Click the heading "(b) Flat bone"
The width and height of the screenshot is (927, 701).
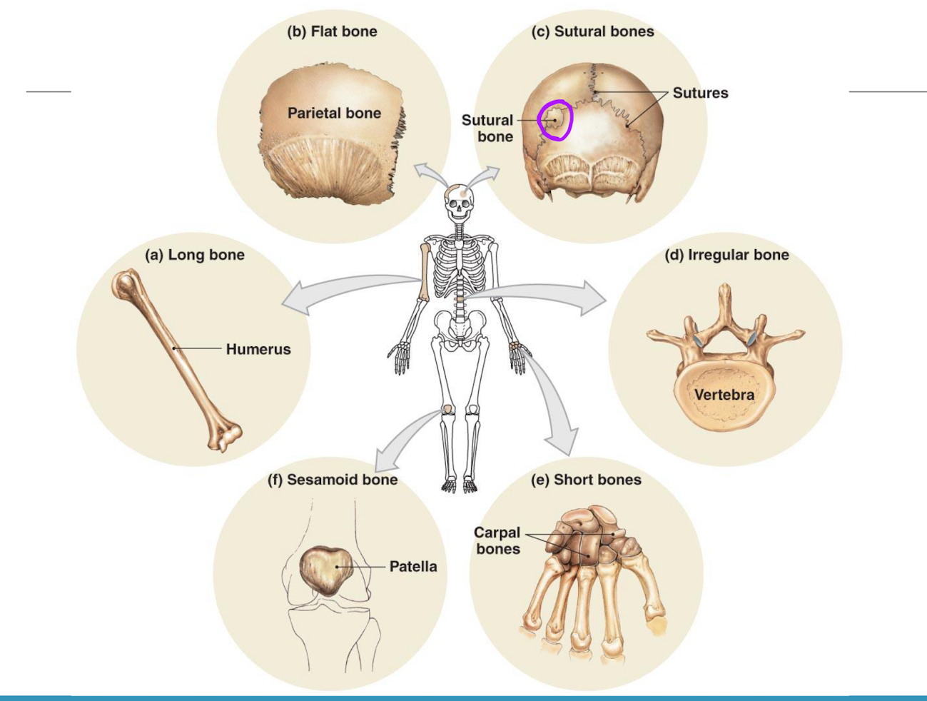tap(332, 31)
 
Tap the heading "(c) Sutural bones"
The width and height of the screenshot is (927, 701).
tap(592, 31)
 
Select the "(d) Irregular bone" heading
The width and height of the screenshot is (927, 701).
tap(726, 255)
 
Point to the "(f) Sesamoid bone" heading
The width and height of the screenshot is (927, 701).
tap(332, 480)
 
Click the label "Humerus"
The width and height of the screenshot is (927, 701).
tap(258, 349)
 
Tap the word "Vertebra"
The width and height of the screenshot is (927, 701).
tap(724, 395)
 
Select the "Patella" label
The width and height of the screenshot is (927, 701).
tap(413, 566)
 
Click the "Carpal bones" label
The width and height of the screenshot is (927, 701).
tap(498, 540)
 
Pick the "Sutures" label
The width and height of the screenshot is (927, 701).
tap(700, 93)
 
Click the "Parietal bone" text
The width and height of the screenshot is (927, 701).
tap(334, 113)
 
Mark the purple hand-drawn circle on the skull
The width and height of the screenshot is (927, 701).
tap(555, 120)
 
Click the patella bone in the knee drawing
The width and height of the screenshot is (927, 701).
tap(327, 570)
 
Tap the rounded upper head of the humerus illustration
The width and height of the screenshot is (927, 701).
tap(125, 283)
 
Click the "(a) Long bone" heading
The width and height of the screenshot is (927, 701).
tap(195, 255)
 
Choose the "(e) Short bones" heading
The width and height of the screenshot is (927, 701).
tap(586, 480)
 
